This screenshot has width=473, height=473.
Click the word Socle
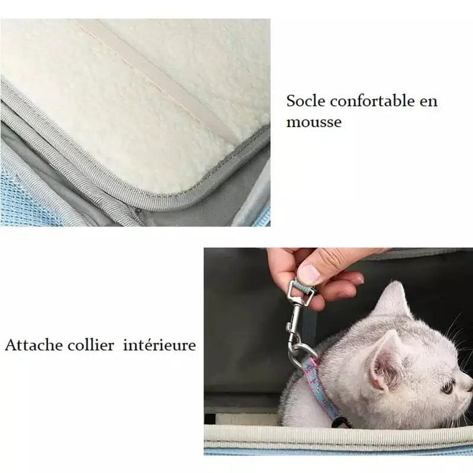click(306, 101)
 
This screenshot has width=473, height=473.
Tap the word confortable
click(372, 101)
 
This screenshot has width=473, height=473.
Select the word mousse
click(314, 122)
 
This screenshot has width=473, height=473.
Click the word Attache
click(34, 345)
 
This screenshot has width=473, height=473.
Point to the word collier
click(91, 345)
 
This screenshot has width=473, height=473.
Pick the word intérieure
click(160, 345)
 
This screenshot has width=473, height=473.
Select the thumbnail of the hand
click(309, 272)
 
